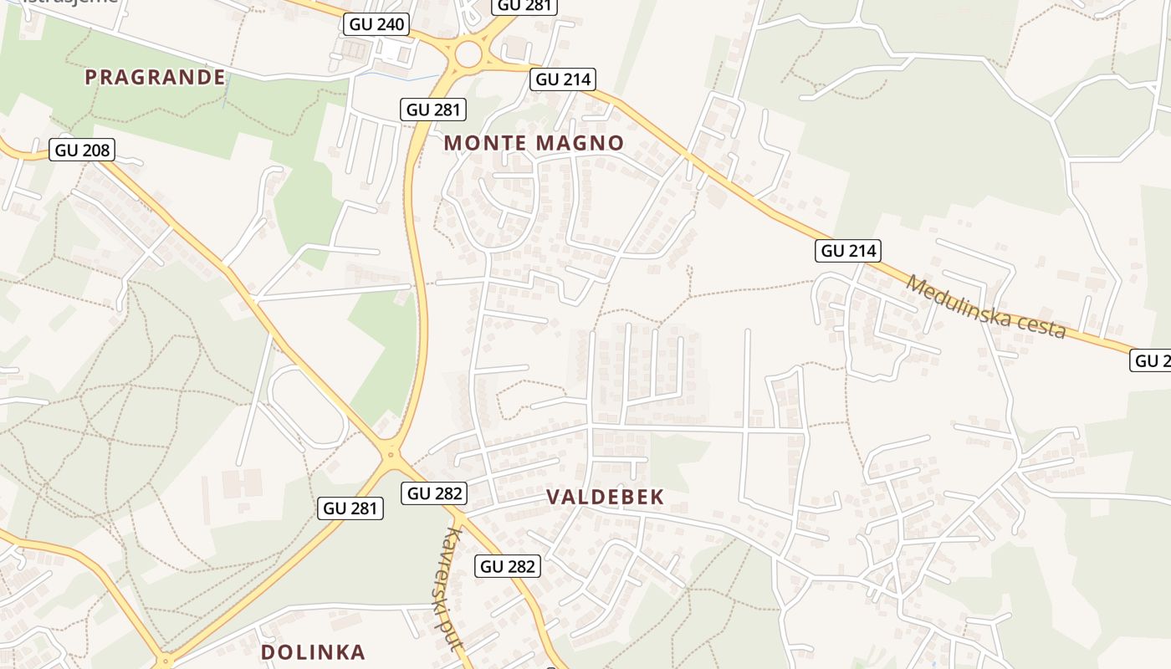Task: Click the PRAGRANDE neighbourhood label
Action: tap(155, 78)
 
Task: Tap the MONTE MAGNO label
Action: tap(534, 143)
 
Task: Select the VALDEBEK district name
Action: tap(605, 497)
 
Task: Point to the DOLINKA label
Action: tap(313, 652)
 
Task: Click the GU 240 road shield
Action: tap(376, 24)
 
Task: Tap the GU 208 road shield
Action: tap(82, 151)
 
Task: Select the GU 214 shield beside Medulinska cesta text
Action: tap(848, 251)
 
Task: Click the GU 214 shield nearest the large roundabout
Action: tap(563, 79)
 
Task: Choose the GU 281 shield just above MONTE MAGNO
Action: tap(433, 110)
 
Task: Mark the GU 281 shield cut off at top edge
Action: tap(524, 6)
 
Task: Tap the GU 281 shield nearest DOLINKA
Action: tap(351, 508)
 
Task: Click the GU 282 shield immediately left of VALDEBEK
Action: tap(433, 493)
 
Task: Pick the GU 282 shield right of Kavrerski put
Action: tap(508, 566)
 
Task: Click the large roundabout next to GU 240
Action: tap(468, 55)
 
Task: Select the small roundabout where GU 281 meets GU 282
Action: tap(390, 455)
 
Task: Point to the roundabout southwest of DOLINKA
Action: tap(166, 661)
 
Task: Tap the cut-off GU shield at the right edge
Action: tap(1152, 360)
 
